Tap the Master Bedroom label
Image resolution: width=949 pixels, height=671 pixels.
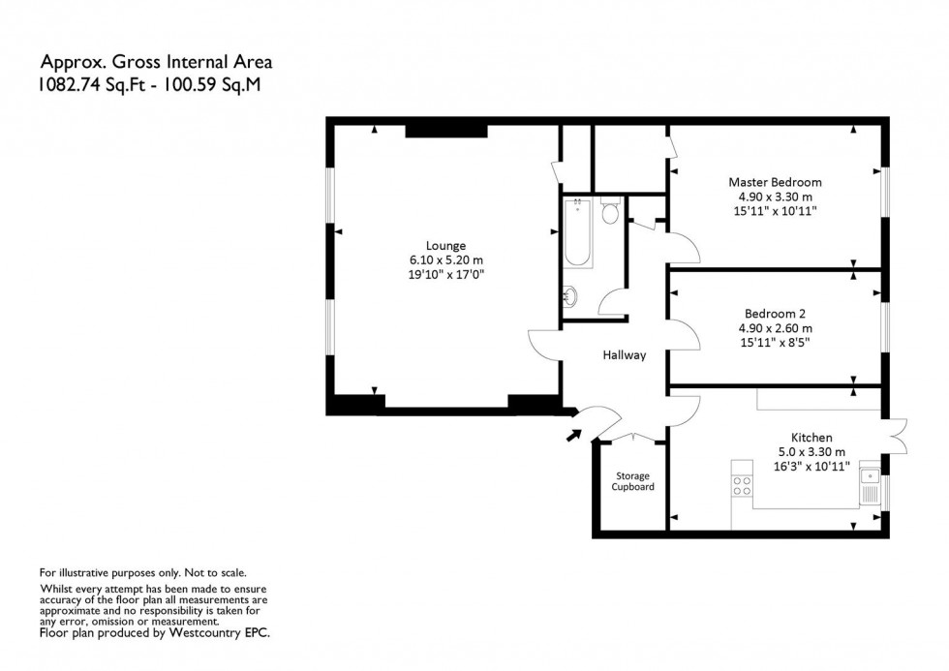[775, 182]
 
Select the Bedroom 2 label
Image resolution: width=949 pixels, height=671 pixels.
[775, 314]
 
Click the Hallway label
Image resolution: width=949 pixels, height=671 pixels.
[625, 355]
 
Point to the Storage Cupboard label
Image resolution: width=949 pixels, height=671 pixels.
[632, 481]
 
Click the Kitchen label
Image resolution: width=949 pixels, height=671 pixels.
[811, 438]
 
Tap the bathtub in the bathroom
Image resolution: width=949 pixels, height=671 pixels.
[576, 232]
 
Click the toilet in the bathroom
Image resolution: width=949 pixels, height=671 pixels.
[609, 211]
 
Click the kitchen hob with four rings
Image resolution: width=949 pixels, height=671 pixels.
[743, 485]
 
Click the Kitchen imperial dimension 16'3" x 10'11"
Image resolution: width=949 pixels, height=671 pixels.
[811, 466]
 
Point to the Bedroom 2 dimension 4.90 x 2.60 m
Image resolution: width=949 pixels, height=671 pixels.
[775, 327]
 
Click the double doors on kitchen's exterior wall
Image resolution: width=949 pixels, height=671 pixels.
[897, 436]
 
